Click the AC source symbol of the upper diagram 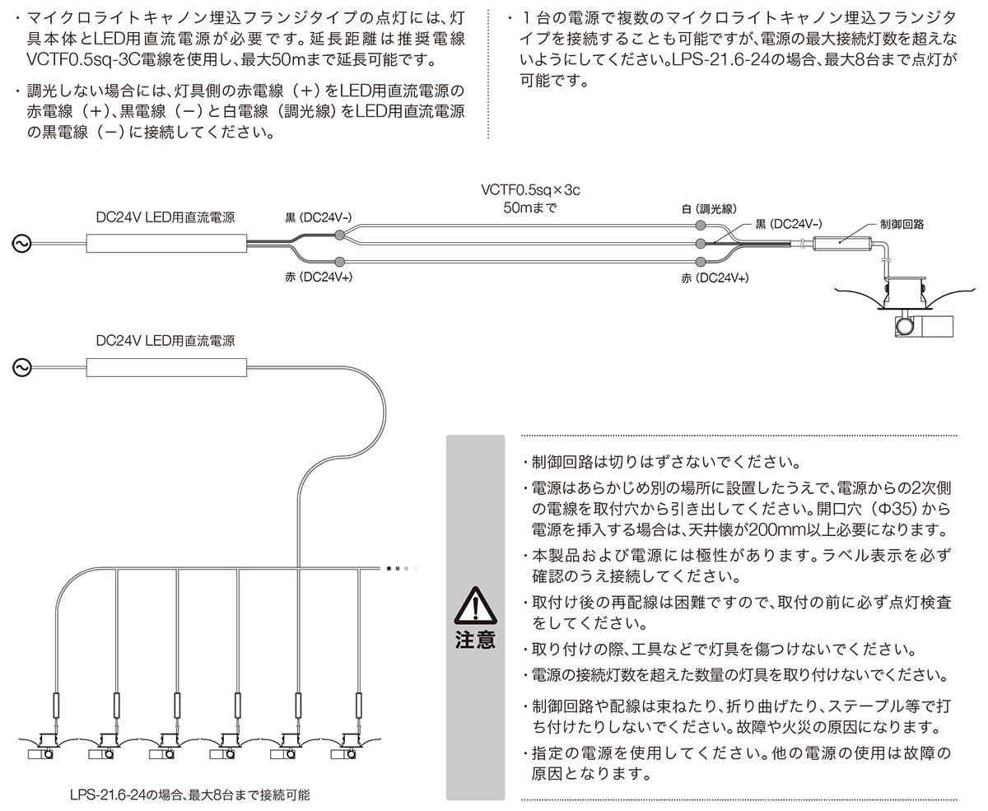[21, 244]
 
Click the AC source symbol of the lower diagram [21, 367]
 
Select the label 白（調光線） [709, 209]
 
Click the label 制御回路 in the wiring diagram [902, 224]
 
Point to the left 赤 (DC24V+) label [319, 277]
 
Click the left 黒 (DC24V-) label [319, 217]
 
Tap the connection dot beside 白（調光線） [701, 226]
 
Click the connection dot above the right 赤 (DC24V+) [701, 262]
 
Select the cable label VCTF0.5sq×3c [530, 189]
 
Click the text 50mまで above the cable [530, 207]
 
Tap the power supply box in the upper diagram [166, 244]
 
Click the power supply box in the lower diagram [166, 367]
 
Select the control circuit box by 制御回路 [841, 244]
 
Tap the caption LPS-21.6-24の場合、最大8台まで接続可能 [189, 795]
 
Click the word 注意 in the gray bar [475, 640]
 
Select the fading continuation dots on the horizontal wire [402, 569]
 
